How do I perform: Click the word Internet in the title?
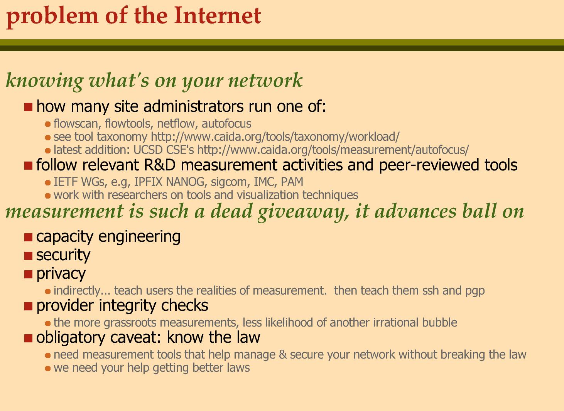point(217,15)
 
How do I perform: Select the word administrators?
point(193,106)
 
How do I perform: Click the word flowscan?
point(76,124)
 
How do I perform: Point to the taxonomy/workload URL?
point(275,137)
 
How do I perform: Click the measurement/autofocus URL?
point(333,150)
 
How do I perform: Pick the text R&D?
point(159,165)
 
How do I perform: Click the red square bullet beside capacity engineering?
point(28,238)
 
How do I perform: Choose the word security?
point(63,255)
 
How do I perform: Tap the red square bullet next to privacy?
point(28,274)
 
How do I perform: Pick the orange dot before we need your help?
point(48,369)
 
